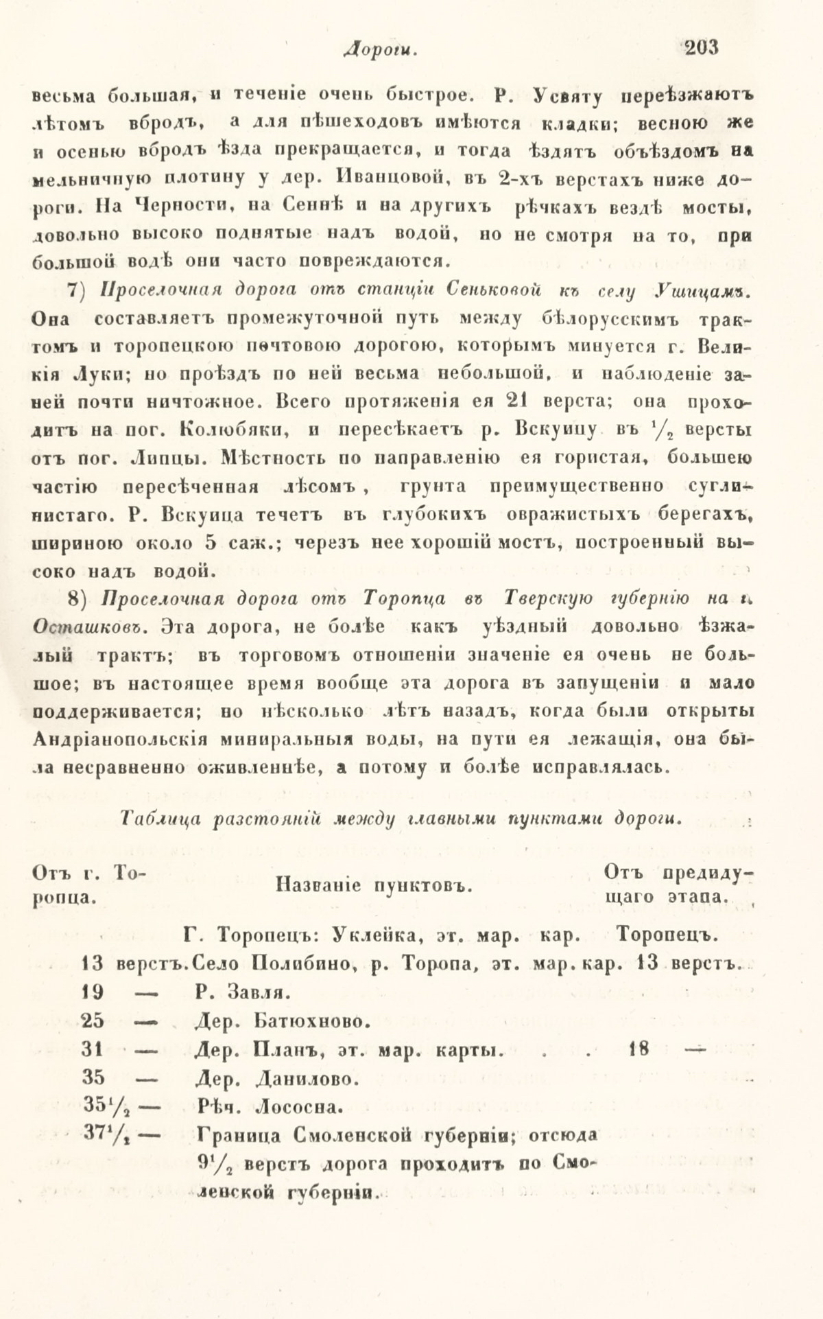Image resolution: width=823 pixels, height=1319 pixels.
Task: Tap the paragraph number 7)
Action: [82, 290]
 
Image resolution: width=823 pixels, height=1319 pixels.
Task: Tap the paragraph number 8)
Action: [82, 598]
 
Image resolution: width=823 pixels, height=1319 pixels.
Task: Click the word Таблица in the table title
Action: [156, 819]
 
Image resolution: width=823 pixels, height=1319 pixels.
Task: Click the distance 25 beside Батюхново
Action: [92, 1020]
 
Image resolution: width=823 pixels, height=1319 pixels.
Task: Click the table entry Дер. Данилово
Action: [276, 1079]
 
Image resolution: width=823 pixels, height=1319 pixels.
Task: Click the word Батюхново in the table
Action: [307, 1021]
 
